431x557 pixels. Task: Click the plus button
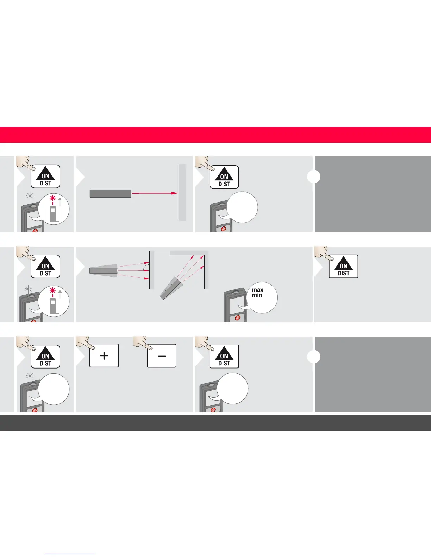click(104, 356)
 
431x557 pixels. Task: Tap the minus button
click(162, 356)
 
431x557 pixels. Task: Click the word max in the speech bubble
click(257, 290)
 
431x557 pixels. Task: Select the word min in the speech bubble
click(257, 295)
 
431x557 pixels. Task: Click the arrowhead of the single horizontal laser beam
click(174, 193)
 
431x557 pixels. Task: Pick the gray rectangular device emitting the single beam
click(111, 193)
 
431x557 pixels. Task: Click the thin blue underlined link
click(70, 554)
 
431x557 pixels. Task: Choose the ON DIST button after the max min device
click(343, 267)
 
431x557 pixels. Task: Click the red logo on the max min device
click(238, 318)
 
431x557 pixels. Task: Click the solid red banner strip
click(216, 135)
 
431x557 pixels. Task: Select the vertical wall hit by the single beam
click(182, 193)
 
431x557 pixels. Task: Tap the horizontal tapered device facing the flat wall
click(103, 271)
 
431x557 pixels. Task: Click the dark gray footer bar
click(216, 423)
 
